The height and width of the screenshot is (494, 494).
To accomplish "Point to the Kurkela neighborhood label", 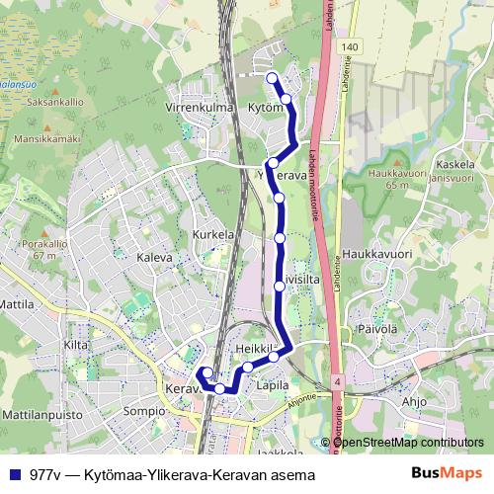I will [x=213, y=235].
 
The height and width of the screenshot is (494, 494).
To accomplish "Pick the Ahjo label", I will [x=414, y=401].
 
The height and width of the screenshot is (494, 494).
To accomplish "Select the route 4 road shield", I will [x=338, y=380].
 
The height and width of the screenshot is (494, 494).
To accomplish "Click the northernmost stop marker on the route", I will [x=273, y=76].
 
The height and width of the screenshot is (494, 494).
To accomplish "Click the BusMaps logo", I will [x=448, y=474].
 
